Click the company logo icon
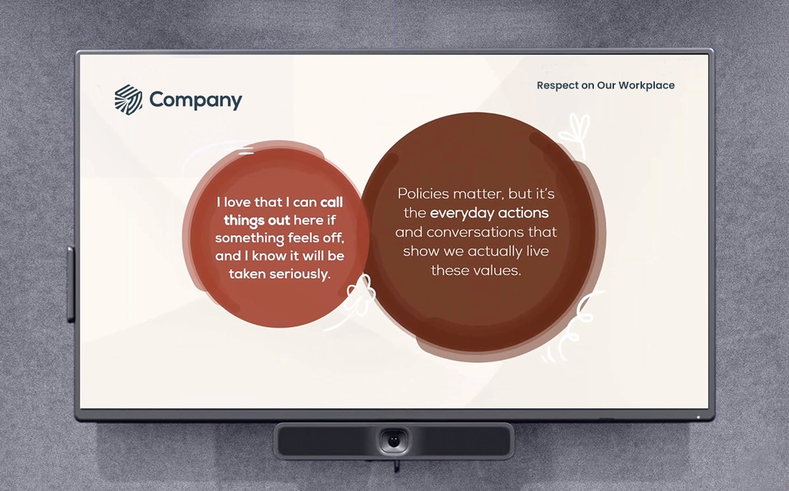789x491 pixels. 128,100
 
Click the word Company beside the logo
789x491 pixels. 195,100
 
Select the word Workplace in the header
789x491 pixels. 647,85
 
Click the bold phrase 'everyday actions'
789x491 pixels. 489,213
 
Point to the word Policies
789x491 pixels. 423,194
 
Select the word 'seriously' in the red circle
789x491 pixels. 299,273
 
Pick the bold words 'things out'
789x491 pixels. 257,220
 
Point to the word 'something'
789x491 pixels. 246,238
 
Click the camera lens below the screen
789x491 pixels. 394,440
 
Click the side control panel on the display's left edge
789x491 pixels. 70,284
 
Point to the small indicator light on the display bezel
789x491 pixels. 698,417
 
